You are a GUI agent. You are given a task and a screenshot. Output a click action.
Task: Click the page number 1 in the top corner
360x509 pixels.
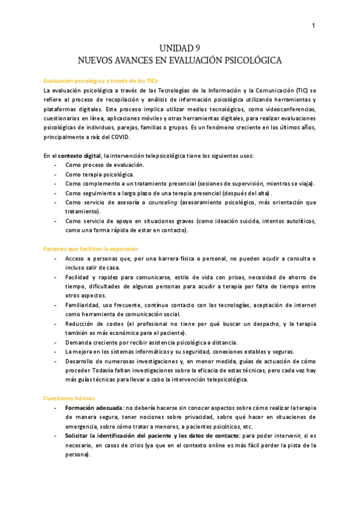(x=313, y=25)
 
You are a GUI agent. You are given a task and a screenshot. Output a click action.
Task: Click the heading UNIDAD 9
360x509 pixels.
(x=180, y=49)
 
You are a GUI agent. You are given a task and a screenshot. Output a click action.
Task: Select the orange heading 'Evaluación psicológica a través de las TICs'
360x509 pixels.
(x=101, y=80)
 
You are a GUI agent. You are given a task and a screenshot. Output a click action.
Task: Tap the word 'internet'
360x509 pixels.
(x=304, y=305)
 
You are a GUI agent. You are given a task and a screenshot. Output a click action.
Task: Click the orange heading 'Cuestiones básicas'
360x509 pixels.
(x=68, y=398)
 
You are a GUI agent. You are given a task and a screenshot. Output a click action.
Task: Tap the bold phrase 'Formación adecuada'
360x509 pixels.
(x=94, y=408)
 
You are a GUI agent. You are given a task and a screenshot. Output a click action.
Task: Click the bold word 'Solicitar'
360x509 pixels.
(x=79, y=435)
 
